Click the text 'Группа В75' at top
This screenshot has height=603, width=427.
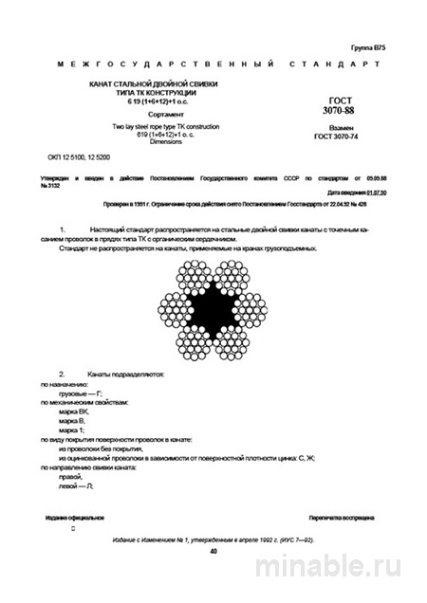[x=367, y=46]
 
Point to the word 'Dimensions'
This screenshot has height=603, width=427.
[x=141, y=140]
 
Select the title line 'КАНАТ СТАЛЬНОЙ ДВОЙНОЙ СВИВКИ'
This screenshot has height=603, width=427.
[x=142, y=86]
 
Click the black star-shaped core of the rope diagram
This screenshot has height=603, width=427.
[x=214, y=303]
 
